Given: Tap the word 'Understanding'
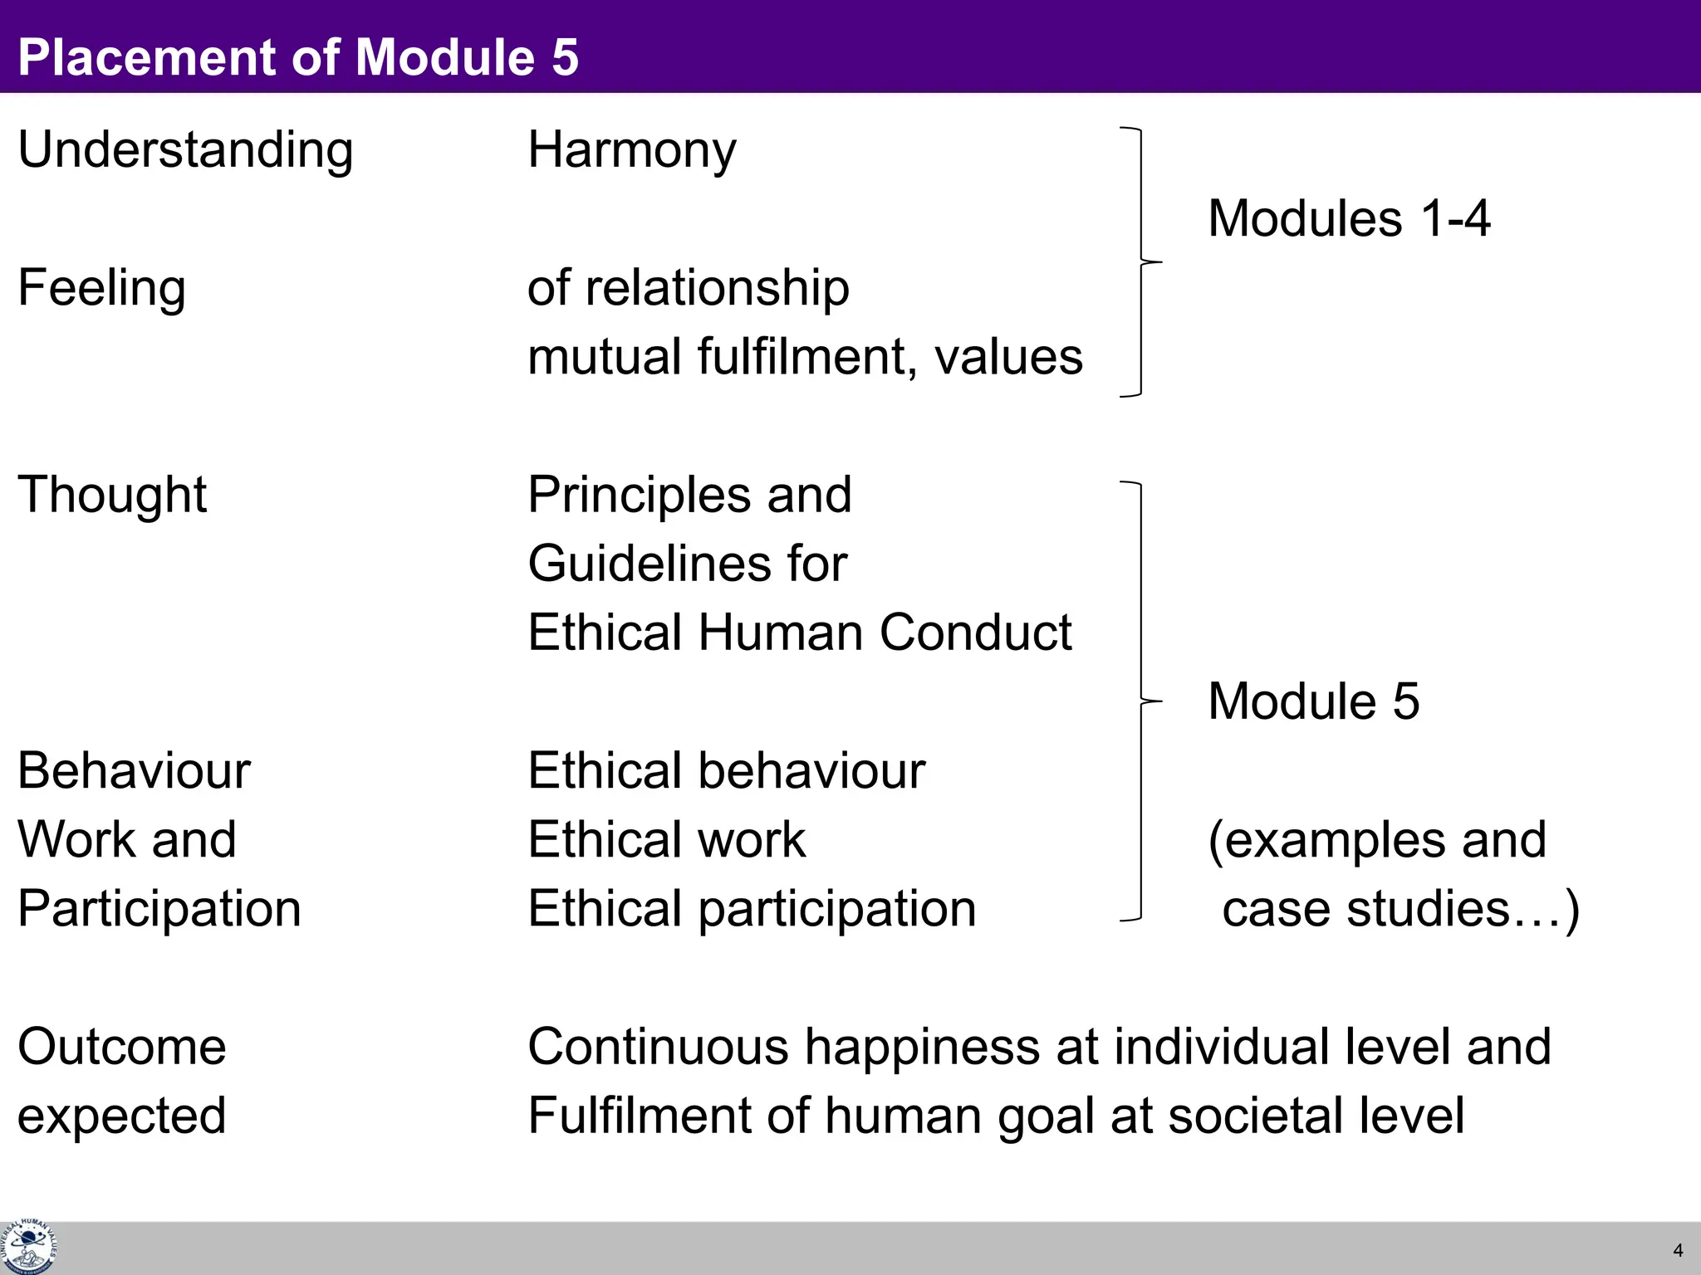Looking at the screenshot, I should (185, 150).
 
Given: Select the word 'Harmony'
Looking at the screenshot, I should (632, 150).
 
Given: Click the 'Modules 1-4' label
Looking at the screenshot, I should (1349, 218).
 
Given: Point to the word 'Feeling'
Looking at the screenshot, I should (101, 288).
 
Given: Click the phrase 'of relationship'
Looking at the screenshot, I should (689, 288).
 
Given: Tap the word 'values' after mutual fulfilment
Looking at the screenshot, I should (1008, 357).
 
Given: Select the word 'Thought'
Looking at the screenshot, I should (112, 495).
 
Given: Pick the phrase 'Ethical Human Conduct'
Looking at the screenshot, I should (800, 633).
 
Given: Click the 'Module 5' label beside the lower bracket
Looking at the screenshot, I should (1313, 701).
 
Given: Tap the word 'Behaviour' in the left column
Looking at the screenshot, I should (134, 770).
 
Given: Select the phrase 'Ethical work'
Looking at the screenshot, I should (667, 839).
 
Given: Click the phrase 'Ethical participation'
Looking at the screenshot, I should (752, 908).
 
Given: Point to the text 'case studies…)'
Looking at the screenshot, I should (1400, 908).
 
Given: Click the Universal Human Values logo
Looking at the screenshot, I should (28, 1247).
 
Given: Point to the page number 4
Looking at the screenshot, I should (1678, 1250).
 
